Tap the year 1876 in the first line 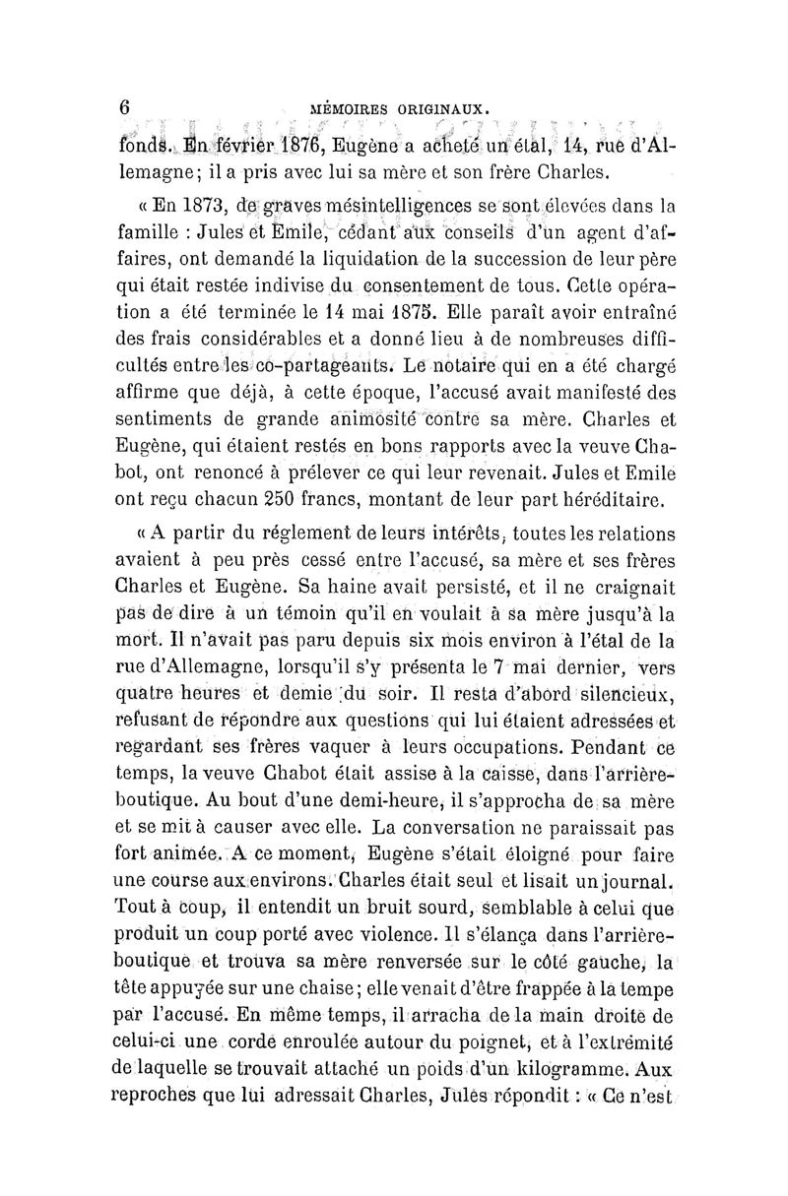286,151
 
